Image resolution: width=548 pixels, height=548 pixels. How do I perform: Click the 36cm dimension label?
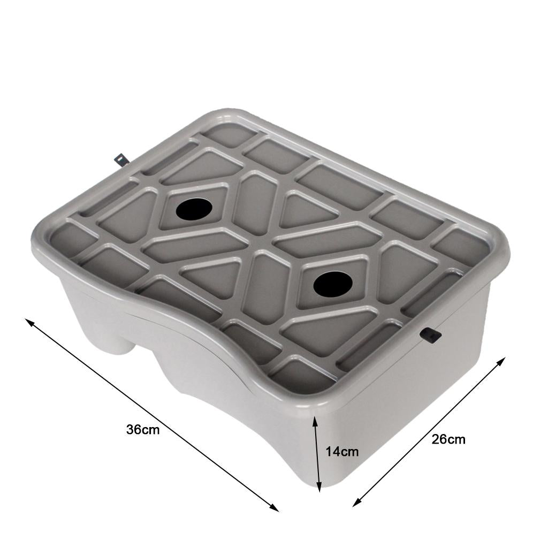point(143,430)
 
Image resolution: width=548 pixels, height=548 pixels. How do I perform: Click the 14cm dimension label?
point(342,452)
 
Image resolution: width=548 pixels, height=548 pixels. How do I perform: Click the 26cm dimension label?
point(448,439)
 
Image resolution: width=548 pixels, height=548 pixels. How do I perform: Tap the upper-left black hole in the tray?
point(194,209)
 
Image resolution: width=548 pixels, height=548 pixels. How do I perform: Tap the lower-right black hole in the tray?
point(333,284)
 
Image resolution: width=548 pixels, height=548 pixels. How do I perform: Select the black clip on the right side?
point(431,335)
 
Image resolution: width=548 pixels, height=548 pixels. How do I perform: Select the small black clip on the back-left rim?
point(121,159)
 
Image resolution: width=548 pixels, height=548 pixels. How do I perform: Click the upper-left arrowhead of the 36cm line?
point(29,322)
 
